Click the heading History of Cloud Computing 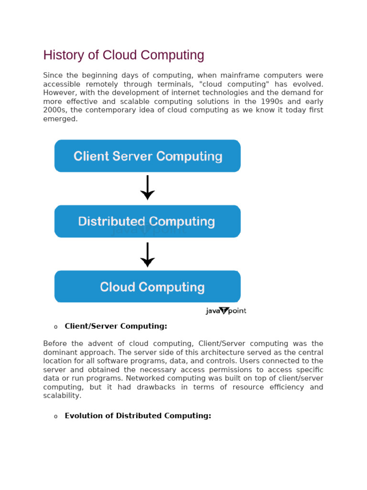click(x=124, y=56)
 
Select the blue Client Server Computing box click(x=147, y=156)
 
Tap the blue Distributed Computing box click(x=147, y=222)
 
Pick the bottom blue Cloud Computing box click(x=147, y=287)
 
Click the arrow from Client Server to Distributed click(x=147, y=188)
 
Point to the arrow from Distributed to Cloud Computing click(x=147, y=255)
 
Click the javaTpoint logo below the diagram click(x=226, y=311)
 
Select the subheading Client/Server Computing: click(x=116, y=326)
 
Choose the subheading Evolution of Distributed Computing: click(x=138, y=416)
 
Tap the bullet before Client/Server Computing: click(x=55, y=327)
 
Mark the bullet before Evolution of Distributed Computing click(x=55, y=416)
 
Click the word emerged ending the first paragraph click(x=60, y=119)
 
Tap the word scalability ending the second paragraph click(x=62, y=396)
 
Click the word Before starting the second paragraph click(x=55, y=344)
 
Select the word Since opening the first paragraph click(x=53, y=76)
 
